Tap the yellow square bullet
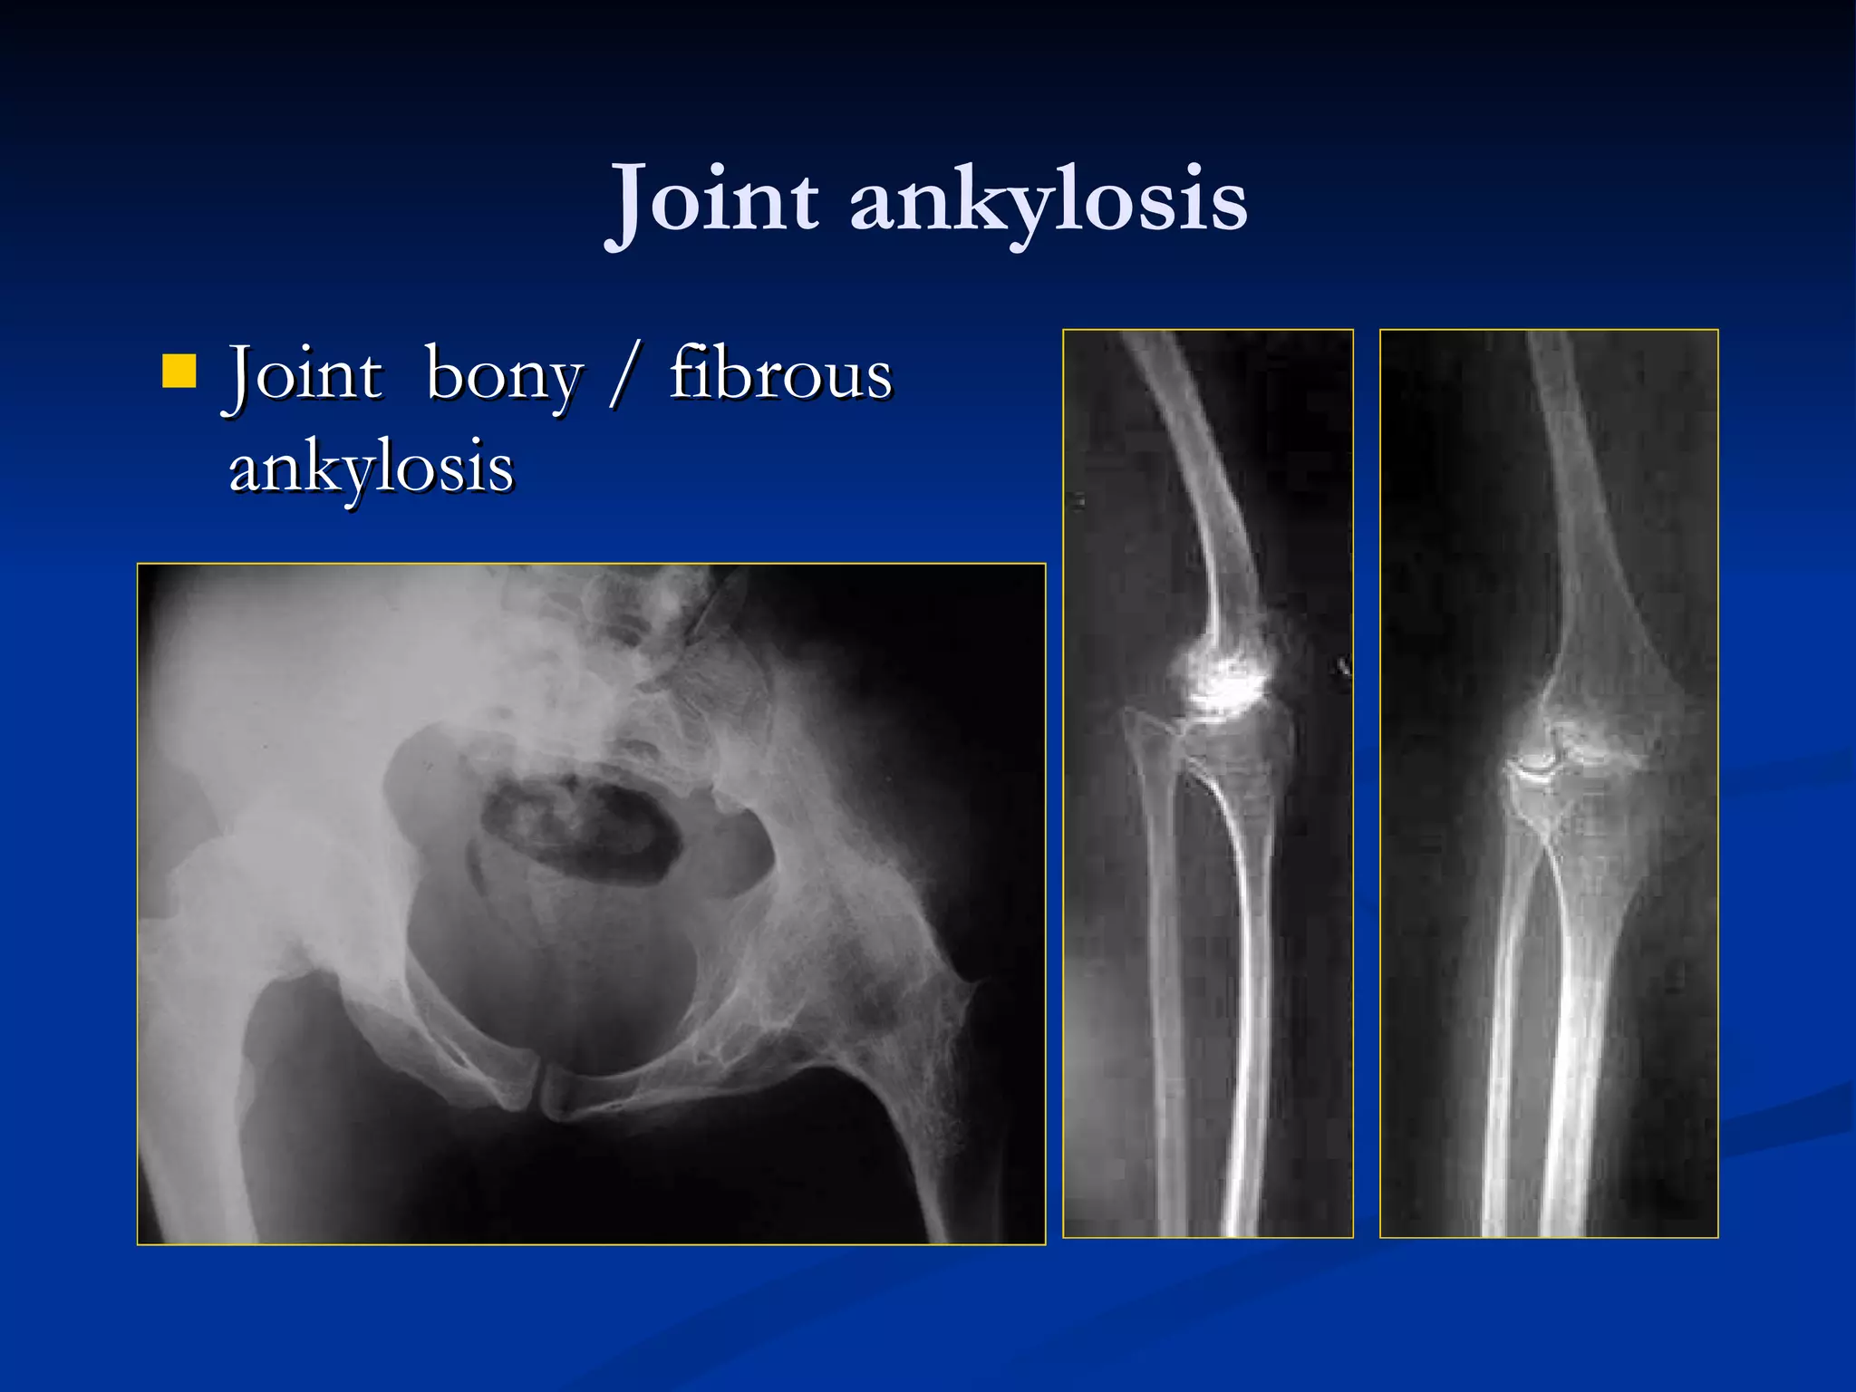pyautogui.click(x=179, y=372)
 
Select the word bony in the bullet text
pyautogui.click(x=504, y=375)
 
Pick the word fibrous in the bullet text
pyautogui.click(x=781, y=373)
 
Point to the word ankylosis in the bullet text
pyautogui.click(x=372, y=469)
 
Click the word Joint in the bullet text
pyautogui.click(x=304, y=373)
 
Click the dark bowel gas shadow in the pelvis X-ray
pyautogui.click(x=580, y=829)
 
